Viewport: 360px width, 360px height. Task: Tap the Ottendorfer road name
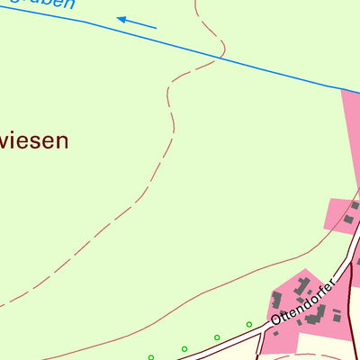coord(303,302)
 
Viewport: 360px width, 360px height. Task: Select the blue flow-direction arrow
coord(136,22)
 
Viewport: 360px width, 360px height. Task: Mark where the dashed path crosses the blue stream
coord(217,56)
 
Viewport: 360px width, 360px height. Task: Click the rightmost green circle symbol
coord(248,324)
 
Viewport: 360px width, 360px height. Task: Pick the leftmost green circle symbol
coord(151,356)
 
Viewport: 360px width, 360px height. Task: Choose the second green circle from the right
coord(217,337)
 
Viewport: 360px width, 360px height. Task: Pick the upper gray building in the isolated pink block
coord(354,206)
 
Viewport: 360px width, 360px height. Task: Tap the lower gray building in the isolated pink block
coord(347,219)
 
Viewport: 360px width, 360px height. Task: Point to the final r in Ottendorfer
coord(332,283)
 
